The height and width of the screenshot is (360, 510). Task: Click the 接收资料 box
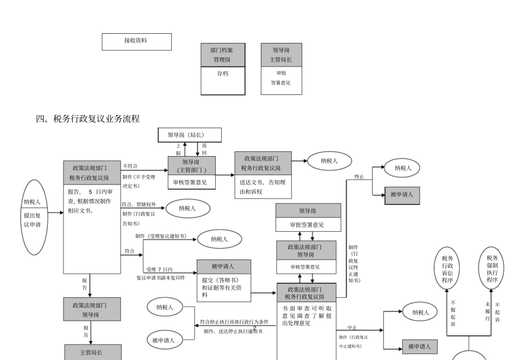point(136,41)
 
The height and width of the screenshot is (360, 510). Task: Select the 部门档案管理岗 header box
point(222,55)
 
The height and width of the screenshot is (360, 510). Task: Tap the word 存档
point(222,74)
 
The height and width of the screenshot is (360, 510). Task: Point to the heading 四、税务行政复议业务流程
point(88,119)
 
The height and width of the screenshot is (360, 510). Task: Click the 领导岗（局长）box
point(190,135)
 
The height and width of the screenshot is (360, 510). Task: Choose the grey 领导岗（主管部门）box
point(191,165)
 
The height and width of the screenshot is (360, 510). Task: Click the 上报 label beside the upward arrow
point(178,149)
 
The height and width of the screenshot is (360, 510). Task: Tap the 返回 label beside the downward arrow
point(205,149)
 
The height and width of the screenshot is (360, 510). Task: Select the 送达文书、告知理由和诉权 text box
point(263,186)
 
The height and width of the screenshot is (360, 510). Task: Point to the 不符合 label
point(130,166)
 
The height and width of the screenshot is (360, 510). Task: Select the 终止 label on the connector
point(359,176)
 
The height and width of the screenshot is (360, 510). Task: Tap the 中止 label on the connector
point(352,327)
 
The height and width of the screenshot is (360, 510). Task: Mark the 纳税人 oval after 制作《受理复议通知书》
point(219,239)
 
